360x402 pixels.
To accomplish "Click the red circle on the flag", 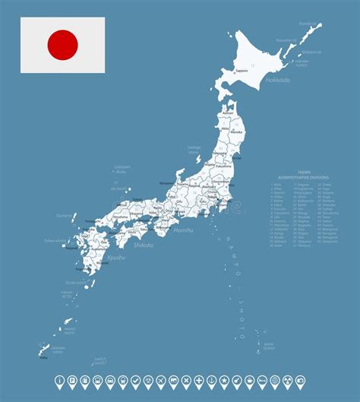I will tap(62, 45).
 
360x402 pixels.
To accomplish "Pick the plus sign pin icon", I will tap(198, 378).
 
